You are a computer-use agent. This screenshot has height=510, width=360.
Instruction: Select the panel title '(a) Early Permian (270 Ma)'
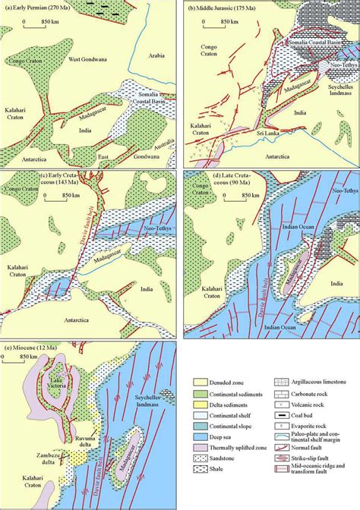(38, 7)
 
